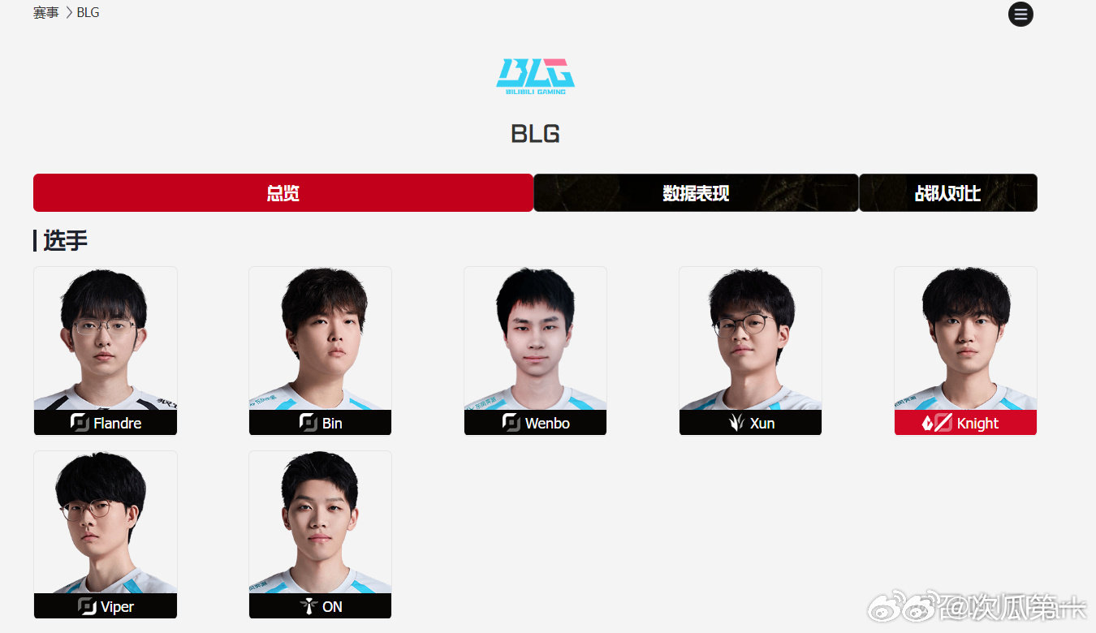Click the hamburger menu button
point(1020,14)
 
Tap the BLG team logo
point(535,76)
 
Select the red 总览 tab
point(283,192)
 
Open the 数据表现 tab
point(696,192)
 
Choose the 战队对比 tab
point(947,192)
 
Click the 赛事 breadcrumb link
point(45,12)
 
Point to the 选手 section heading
point(65,240)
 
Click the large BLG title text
point(535,134)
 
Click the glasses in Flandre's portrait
point(104,326)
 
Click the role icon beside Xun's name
point(736,422)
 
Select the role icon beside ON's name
point(309,606)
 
